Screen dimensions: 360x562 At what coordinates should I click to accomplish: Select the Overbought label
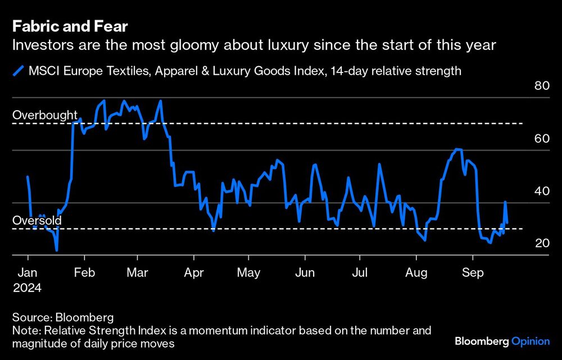tap(45, 115)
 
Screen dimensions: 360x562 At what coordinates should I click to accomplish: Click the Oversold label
tap(37, 221)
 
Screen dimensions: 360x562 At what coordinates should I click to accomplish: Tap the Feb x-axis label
tap(84, 273)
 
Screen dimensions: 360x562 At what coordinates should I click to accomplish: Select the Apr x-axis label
tap(193, 273)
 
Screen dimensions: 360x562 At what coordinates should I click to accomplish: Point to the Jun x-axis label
tap(304, 273)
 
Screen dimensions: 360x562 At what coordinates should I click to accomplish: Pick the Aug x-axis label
tap(416, 273)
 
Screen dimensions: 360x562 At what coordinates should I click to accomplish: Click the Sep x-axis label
tap(472, 273)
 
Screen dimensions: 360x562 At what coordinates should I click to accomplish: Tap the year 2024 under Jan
tap(27, 287)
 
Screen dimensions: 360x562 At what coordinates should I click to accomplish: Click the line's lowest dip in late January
tap(57, 250)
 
